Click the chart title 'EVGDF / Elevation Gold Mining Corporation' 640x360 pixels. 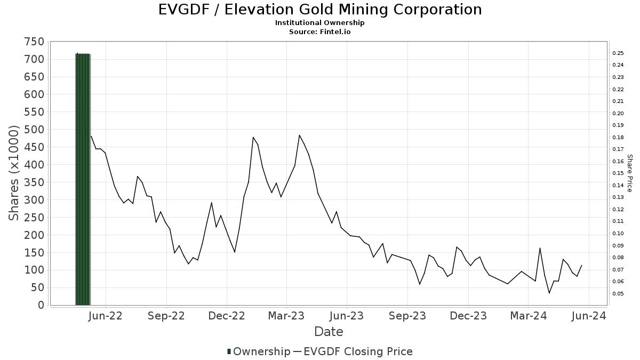[x=320, y=10]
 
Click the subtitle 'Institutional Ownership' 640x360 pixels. [x=320, y=23]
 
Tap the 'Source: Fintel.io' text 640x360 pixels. [x=320, y=31]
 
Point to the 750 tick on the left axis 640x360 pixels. [x=34, y=42]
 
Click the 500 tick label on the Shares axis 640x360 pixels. [x=34, y=130]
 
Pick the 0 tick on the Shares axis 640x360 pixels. [x=40, y=305]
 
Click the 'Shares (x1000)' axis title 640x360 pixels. [x=14, y=173]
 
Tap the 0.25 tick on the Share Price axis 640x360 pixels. [x=618, y=53]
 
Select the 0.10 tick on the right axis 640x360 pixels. [x=618, y=234]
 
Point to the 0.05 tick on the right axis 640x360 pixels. [x=618, y=293]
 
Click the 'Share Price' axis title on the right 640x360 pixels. [x=629, y=173]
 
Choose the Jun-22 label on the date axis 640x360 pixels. [x=106, y=316]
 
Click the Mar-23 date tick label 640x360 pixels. [x=286, y=316]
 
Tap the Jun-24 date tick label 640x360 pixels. [x=588, y=316]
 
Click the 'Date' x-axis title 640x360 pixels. [x=329, y=331]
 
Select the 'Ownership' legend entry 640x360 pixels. [x=258, y=351]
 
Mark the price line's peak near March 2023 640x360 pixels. [x=299, y=135]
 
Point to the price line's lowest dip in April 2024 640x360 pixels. [x=549, y=293]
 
